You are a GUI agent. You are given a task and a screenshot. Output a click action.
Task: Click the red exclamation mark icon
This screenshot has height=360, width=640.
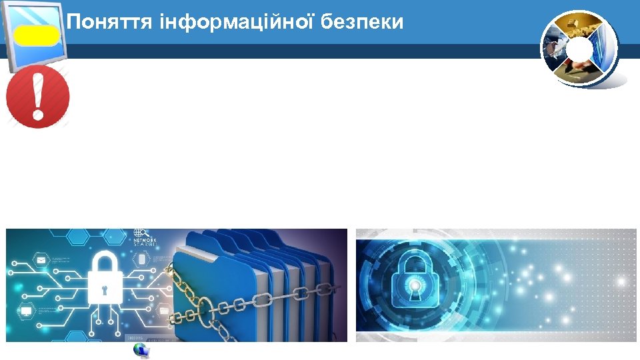[x=38, y=96]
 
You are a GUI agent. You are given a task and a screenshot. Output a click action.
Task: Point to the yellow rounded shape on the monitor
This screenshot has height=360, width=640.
[x=37, y=35]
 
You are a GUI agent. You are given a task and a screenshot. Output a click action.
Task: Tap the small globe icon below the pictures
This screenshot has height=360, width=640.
[x=141, y=351]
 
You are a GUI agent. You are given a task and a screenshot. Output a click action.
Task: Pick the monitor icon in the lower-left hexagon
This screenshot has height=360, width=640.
[x=27, y=311]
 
